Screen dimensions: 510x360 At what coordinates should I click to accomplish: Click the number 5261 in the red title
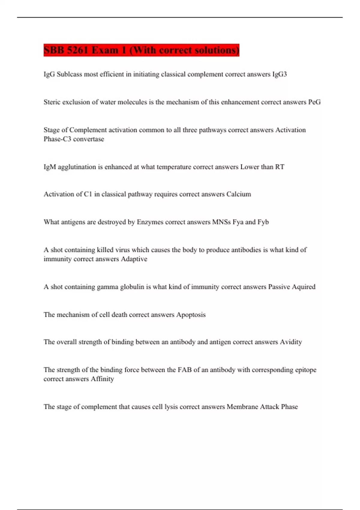click(x=77, y=50)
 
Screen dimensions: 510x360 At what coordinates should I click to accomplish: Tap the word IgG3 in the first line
click(x=279, y=74)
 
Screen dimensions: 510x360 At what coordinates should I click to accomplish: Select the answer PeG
click(x=314, y=102)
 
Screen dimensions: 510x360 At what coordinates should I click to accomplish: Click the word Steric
click(x=52, y=102)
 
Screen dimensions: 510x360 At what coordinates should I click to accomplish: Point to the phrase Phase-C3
click(x=57, y=139)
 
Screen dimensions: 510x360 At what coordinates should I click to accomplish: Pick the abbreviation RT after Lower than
click(x=280, y=167)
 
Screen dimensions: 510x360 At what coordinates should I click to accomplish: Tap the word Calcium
click(x=238, y=194)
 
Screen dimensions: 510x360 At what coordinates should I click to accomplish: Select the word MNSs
click(x=221, y=222)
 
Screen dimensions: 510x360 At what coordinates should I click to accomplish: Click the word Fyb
click(x=263, y=222)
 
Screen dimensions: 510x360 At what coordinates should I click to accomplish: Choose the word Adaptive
click(x=134, y=259)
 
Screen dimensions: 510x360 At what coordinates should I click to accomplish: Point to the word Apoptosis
click(x=191, y=315)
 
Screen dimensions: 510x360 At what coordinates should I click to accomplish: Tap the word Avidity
click(x=291, y=342)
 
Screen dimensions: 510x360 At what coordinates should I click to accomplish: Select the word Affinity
click(x=102, y=379)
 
